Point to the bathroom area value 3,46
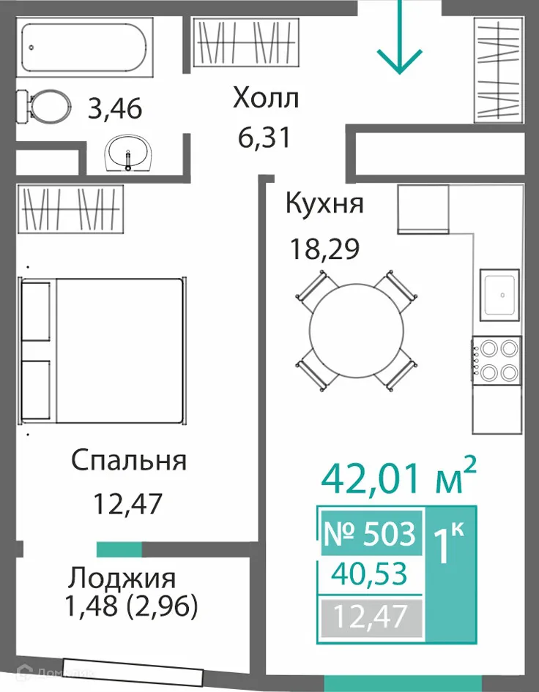click(114, 110)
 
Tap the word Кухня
click(324, 203)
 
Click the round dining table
click(356, 329)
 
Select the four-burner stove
click(496, 361)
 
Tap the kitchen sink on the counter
click(501, 295)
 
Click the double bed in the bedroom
click(103, 350)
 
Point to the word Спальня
click(129, 461)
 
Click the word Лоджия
click(122, 579)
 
